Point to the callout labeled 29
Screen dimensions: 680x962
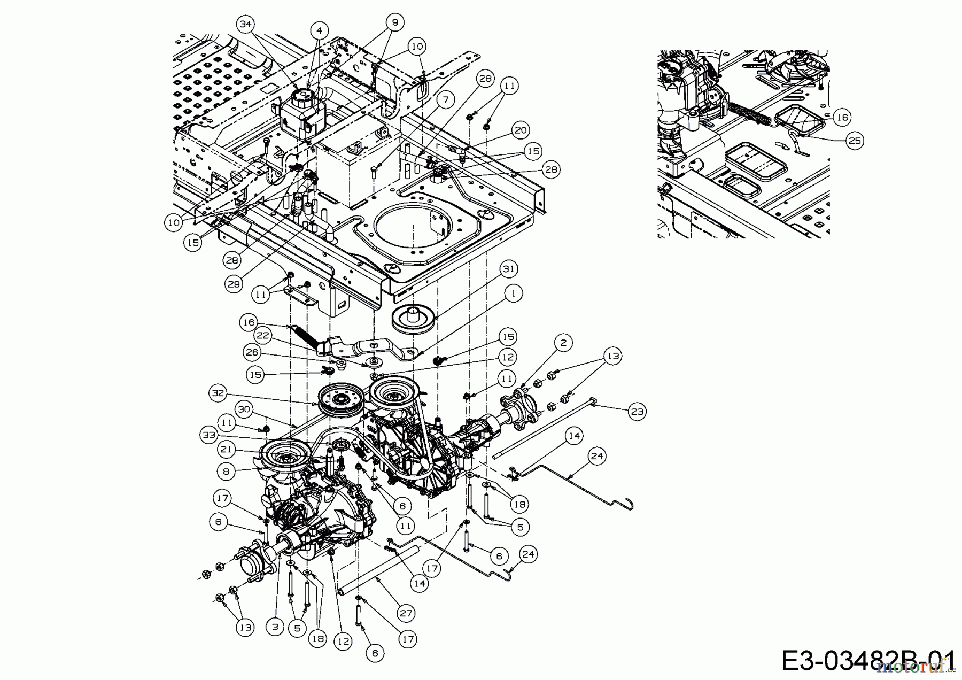pos(234,284)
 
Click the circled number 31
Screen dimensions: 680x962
pos(509,269)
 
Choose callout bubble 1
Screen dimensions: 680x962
pos(514,293)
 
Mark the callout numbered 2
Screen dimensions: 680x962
pos(563,343)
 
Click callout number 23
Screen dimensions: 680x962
pos(637,411)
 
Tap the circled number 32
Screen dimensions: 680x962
pos(218,393)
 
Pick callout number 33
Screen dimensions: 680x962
pos(209,435)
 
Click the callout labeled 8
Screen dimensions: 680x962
pos(227,472)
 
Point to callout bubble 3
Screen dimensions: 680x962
pos(275,627)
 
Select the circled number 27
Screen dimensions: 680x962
pos(406,613)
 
